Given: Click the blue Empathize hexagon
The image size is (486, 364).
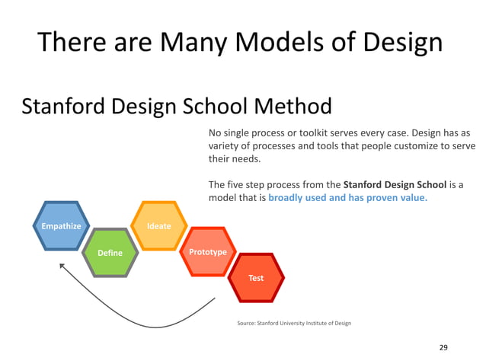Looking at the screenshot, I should pos(61,226).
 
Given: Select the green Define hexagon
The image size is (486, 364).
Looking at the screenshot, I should pos(110,252).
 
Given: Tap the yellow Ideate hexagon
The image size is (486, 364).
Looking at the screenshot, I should pos(159,226).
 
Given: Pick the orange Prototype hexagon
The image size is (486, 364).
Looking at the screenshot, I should pos(208,251).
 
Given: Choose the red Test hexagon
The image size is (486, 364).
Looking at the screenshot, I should pos(256,278).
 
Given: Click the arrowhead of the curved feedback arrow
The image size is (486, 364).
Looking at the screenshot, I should pos(63,266).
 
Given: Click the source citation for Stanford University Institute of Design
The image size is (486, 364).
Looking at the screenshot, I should pos(294,324).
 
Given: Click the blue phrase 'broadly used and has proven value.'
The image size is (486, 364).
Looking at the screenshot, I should pos(348,198).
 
